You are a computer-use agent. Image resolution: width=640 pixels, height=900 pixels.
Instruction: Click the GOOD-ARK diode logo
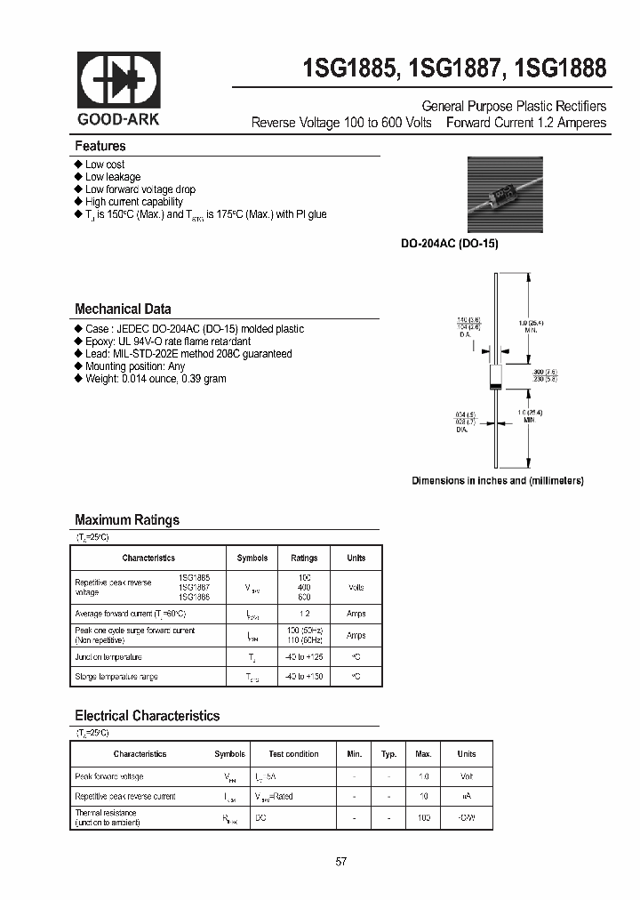(119, 80)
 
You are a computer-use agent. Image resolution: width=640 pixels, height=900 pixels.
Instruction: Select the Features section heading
(100, 146)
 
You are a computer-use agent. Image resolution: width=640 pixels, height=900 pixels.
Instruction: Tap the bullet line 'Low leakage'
(112, 177)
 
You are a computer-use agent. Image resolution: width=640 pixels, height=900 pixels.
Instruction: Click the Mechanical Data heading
(123, 309)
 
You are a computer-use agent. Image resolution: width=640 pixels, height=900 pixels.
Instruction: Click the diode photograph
(504, 196)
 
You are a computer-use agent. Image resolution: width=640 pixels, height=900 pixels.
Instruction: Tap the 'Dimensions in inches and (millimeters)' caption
(497, 480)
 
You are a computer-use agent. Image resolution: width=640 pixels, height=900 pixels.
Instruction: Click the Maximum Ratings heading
(126, 520)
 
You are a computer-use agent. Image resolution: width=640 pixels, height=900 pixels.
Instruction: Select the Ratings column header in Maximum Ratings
(304, 558)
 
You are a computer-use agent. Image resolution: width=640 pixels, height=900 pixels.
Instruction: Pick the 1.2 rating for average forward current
(304, 614)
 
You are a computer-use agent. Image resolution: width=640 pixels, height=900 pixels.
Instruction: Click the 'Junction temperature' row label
(108, 657)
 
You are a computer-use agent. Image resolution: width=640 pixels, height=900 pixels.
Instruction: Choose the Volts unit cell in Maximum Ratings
(356, 587)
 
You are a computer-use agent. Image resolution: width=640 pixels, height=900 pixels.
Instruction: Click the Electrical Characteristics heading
(147, 716)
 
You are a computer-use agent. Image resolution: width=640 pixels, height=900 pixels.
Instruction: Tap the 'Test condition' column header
(294, 754)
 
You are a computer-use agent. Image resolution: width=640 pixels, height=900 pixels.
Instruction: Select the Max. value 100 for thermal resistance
(423, 816)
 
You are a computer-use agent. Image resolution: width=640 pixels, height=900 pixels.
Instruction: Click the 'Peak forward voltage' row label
(108, 776)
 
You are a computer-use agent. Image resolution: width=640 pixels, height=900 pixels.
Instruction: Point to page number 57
(340, 862)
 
